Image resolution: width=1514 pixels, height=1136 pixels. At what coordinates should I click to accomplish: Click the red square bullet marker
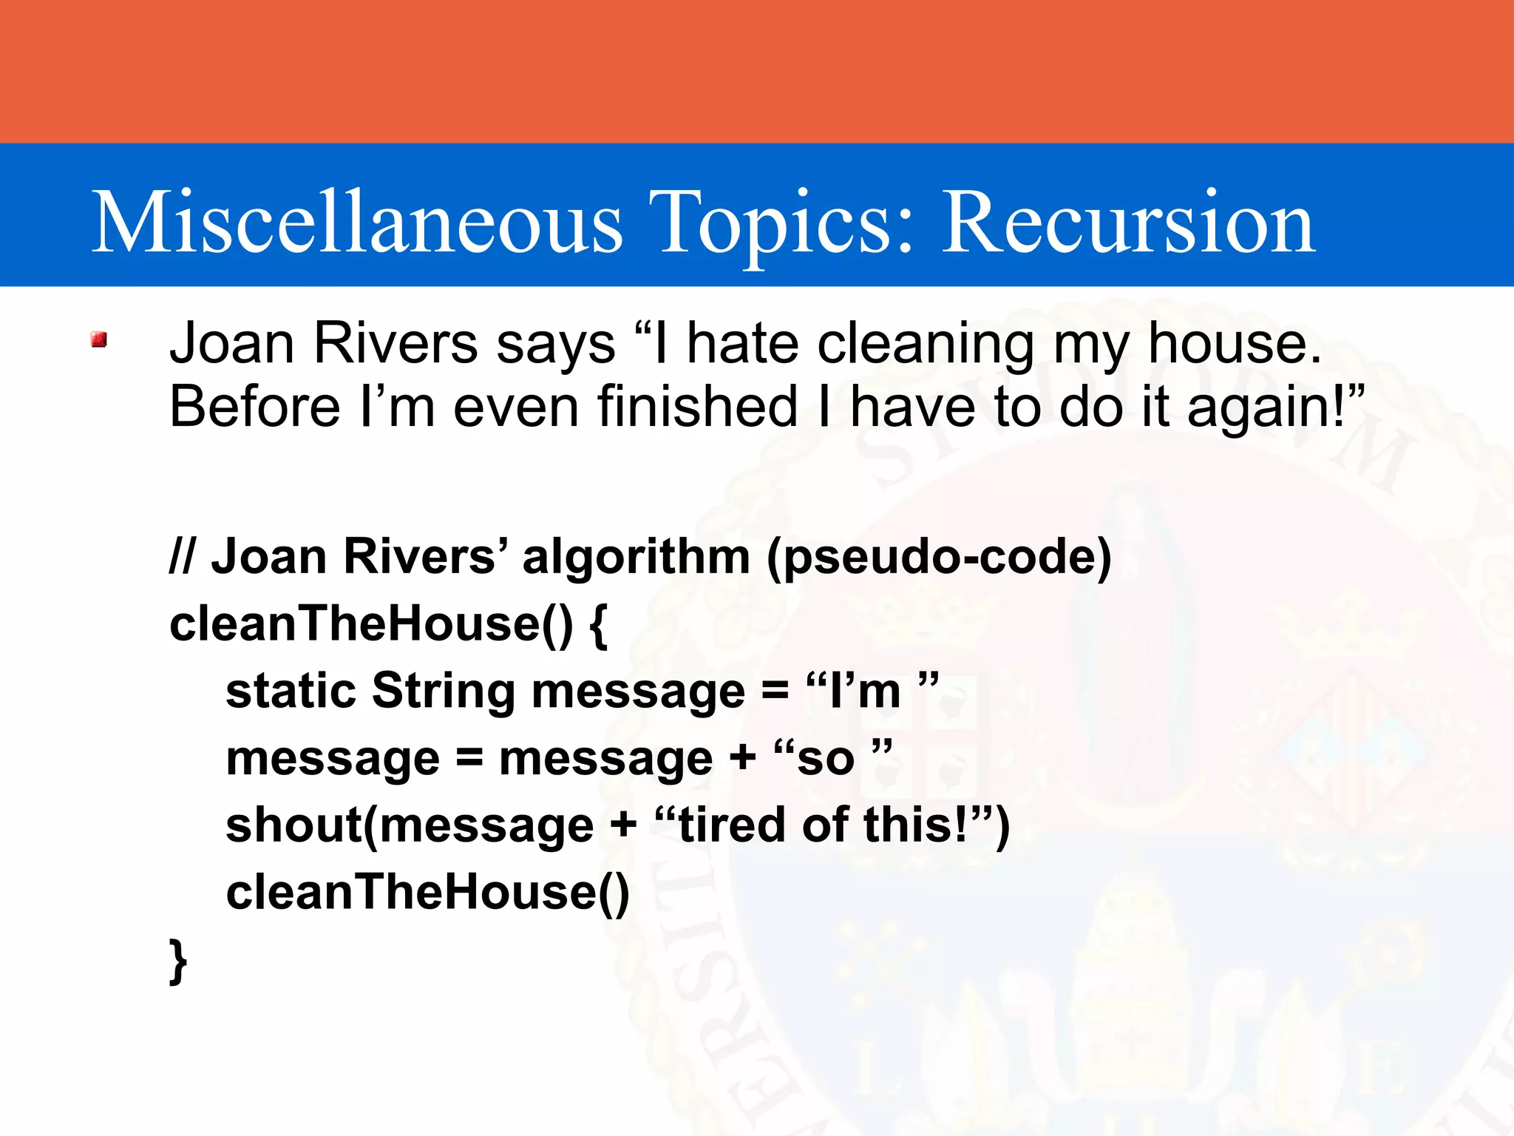(x=99, y=339)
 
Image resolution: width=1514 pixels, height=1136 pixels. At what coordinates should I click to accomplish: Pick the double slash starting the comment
(x=182, y=556)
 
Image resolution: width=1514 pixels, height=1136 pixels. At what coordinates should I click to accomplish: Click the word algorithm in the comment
(x=636, y=556)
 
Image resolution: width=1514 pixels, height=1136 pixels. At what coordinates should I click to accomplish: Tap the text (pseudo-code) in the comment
(x=939, y=556)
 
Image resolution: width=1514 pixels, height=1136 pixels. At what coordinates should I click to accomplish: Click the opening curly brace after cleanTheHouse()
(x=599, y=626)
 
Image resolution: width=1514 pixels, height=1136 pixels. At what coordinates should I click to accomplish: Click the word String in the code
(x=443, y=691)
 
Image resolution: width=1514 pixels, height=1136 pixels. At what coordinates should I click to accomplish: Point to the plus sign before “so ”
(x=742, y=758)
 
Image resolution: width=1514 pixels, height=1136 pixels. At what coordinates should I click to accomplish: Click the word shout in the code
(x=293, y=825)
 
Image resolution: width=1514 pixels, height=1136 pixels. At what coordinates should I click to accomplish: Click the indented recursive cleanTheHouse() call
(x=427, y=892)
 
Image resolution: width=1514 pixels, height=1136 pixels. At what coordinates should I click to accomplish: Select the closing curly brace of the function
(x=177, y=961)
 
